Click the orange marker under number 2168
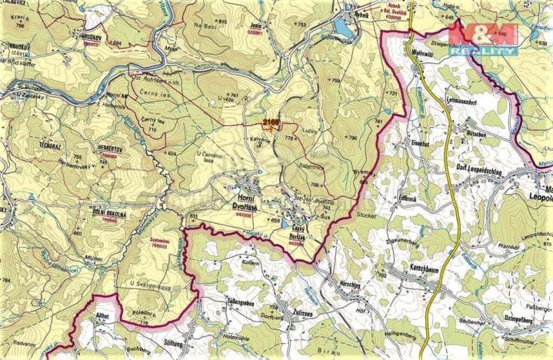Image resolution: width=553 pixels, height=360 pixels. click(272, 128)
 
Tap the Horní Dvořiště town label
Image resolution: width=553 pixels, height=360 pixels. click(247, 203)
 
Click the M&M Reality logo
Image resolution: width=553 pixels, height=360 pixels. click(482, 38)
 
